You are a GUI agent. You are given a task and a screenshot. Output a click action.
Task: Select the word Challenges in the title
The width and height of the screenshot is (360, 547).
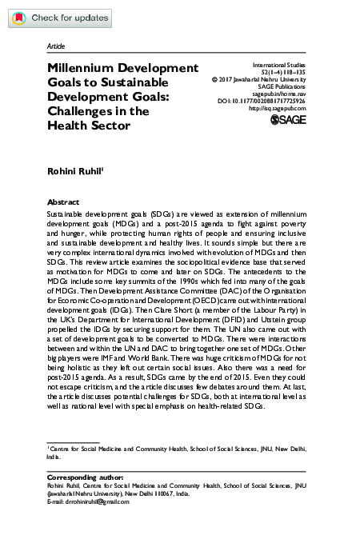[86, 112]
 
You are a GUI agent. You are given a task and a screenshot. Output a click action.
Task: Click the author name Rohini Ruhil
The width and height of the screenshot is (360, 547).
[79, 170]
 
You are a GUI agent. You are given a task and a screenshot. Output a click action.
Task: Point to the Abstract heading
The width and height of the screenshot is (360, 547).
[63, 202]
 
